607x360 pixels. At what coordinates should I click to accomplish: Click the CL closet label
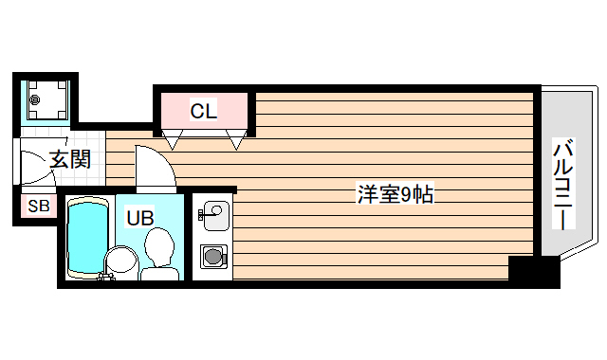[x=203, y=111]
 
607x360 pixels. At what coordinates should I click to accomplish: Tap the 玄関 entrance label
[x=69, y=159]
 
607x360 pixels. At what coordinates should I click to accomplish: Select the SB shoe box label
[x=38, y=207]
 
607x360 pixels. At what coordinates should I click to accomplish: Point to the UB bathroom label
[x=139, y=217]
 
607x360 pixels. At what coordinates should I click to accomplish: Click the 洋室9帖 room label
[x=395, y=196]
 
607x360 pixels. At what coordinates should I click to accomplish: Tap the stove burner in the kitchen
[x=212, y=255]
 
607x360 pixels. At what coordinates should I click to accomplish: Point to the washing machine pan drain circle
[x=36, y=99]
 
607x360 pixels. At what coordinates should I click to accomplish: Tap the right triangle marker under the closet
[x=236, y=141]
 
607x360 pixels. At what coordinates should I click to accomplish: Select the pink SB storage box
[x=38, y=207]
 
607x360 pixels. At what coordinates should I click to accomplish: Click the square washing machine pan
[x=44, y=99]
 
